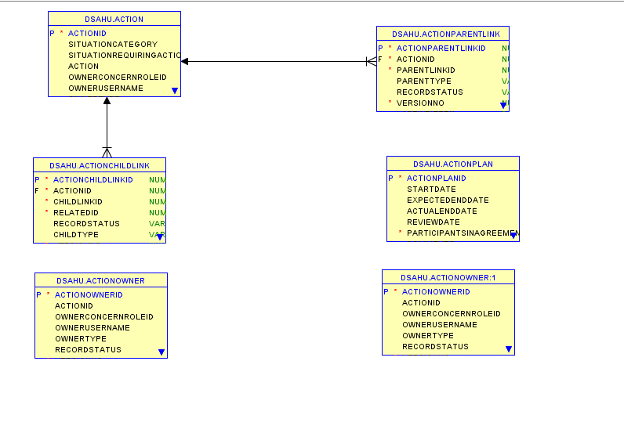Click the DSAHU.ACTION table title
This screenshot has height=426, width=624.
(x=114, y=19)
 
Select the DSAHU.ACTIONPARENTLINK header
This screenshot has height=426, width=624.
(x=442, y=34)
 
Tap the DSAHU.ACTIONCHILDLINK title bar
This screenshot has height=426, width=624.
(x=99, y=165)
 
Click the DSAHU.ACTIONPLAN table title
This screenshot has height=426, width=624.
(x=452, y=164)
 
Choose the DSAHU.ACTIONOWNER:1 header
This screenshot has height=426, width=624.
(x=448, y=277)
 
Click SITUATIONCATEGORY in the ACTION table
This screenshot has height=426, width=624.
(x=112, y=45)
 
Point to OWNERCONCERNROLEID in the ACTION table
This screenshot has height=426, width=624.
(x=117, y=78)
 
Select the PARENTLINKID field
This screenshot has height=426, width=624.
(x=426, y=70)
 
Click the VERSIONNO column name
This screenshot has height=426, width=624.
(x=420, y=103)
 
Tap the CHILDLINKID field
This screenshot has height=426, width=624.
(x=78, y=202)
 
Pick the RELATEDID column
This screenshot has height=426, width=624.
(x=75, y=213)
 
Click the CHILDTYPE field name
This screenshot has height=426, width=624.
(x=75, y=235)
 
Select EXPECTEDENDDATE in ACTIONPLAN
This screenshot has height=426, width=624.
(x=448, y=200)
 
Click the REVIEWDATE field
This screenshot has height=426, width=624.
(x=433, y=222)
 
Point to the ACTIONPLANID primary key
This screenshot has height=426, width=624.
(x=436, y=179)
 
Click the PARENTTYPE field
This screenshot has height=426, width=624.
(x=423, y=81)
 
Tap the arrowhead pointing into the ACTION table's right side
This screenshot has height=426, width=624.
(x=185, y=61)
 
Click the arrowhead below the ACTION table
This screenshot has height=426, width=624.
(x=107, y=101)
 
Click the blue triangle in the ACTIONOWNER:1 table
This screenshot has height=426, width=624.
(x=509, y=349)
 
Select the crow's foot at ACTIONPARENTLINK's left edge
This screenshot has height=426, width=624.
(x=372, y=61)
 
